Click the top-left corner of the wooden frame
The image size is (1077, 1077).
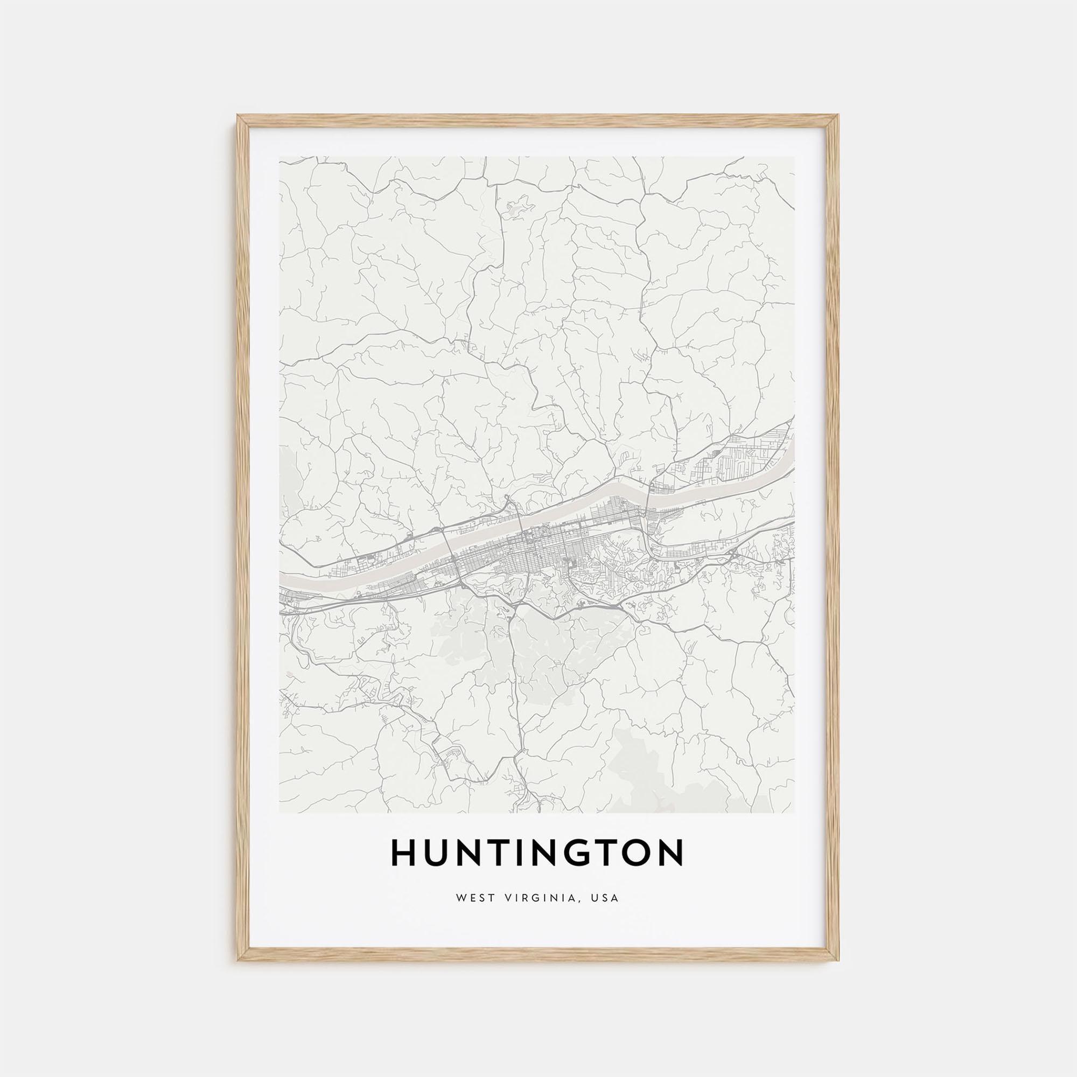coord(239,116)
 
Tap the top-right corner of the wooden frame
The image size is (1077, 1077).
coord(838,116)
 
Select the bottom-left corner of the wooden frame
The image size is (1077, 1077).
coord(239,960)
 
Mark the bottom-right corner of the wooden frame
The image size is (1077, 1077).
coord(838,960)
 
